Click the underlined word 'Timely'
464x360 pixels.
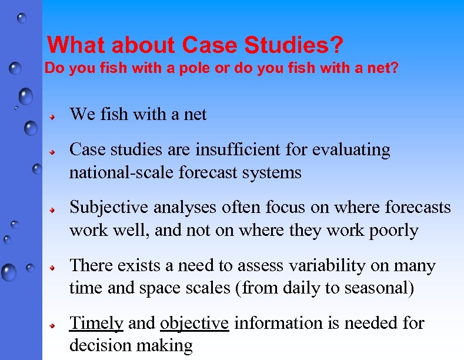[x=96, y=324]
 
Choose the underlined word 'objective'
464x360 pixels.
[x=194, y=324]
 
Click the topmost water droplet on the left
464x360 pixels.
[x=22, y=18]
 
